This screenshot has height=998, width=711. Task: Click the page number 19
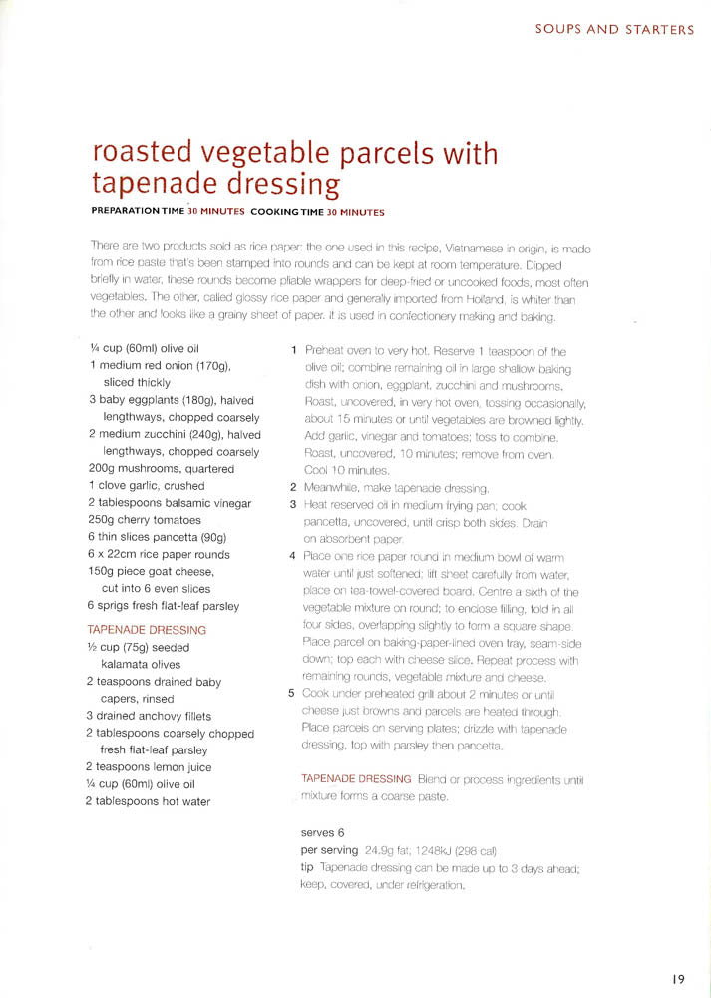(677, 979)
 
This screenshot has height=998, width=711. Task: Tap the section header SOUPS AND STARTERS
(614, 29)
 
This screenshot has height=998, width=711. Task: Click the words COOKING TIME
(287, 211)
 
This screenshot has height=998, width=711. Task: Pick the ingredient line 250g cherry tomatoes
(145, 520)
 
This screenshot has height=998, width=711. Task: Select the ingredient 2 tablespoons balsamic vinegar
(170, 503)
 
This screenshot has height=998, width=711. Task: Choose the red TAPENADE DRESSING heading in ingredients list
(147, 630)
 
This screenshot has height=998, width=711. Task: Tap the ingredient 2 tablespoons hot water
(149, 801)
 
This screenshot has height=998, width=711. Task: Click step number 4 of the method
(293, 555)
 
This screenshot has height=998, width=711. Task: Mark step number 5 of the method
(293, 693)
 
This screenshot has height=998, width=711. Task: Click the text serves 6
(322, 832)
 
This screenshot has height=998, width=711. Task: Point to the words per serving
(330, 850)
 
